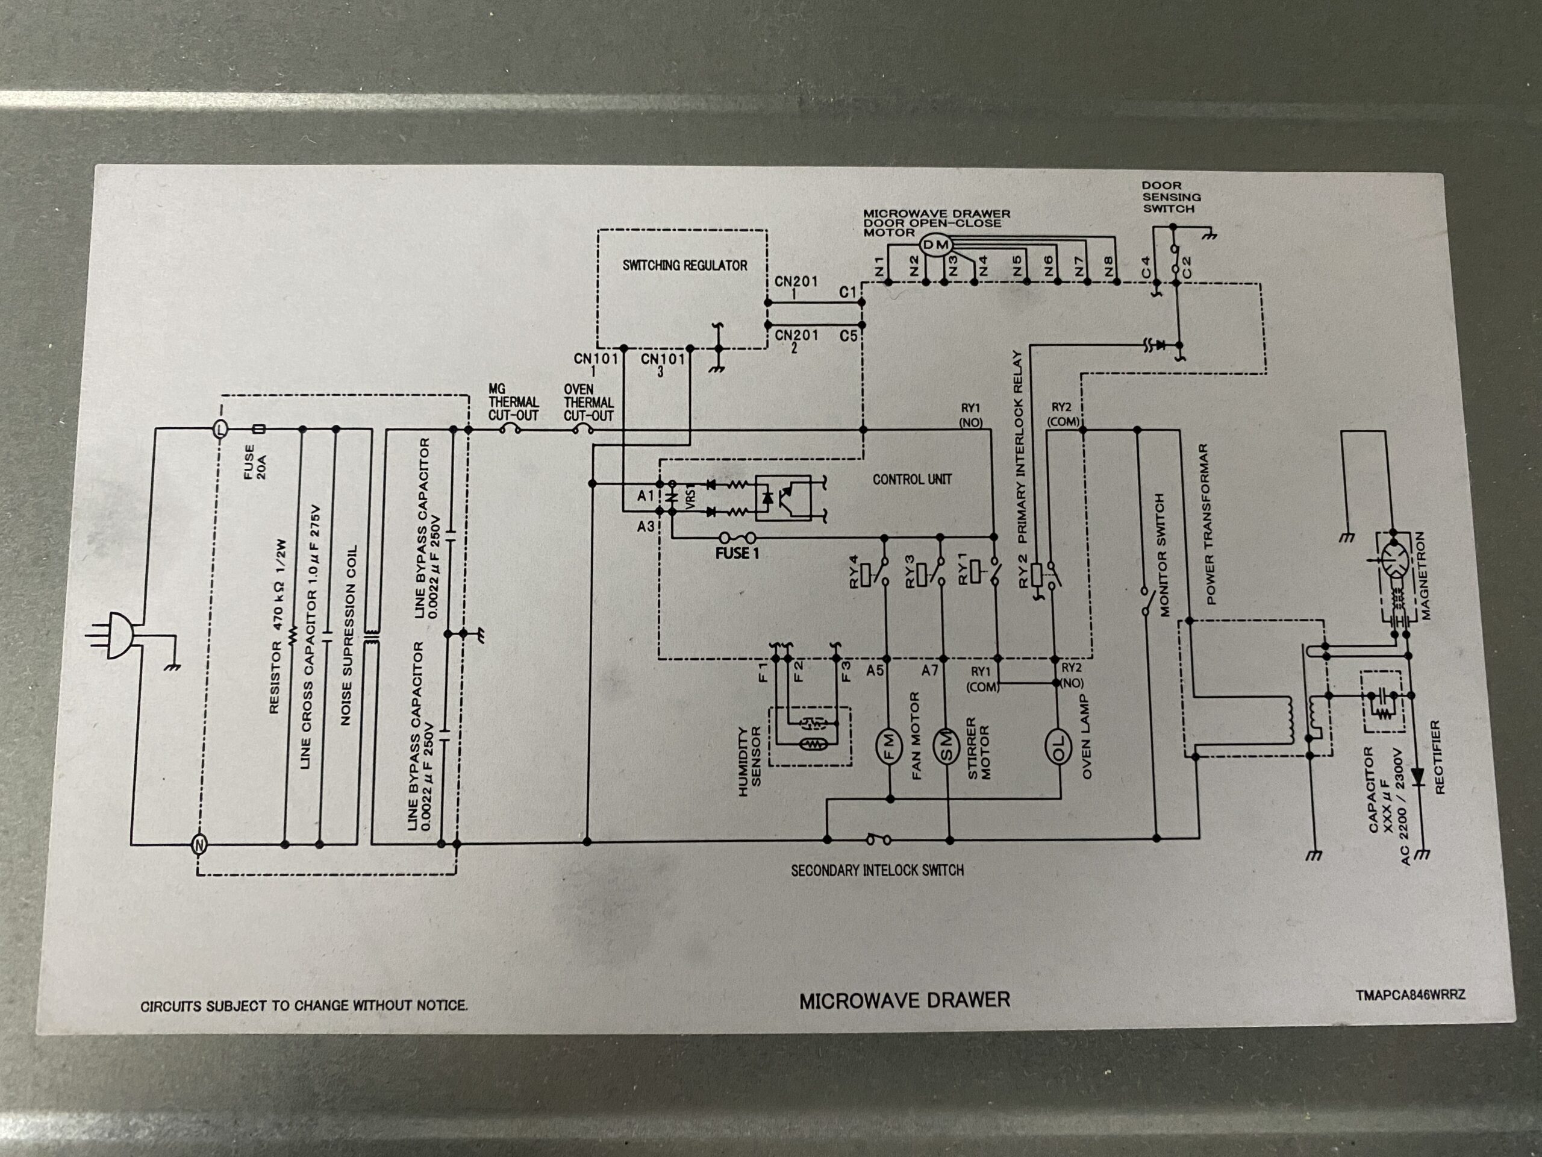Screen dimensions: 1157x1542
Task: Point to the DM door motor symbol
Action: (935, 245)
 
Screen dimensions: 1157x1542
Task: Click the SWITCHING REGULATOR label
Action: (684, 266)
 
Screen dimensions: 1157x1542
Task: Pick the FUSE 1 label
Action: (737, 554)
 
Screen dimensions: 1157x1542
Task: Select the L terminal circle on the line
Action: (220, 429)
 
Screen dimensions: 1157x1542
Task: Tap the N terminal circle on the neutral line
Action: (199, 845)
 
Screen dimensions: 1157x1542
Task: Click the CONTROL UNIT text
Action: (912, 480)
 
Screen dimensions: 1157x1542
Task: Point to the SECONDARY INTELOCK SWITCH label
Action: (877, 870)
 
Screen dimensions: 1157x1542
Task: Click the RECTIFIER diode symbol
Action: (1417, 776)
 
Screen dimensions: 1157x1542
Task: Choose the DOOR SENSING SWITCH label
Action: (1171, 198)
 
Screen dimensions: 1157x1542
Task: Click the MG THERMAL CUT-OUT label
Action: (513, 403)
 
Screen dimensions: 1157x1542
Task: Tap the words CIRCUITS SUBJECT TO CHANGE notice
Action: (304, 1006)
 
